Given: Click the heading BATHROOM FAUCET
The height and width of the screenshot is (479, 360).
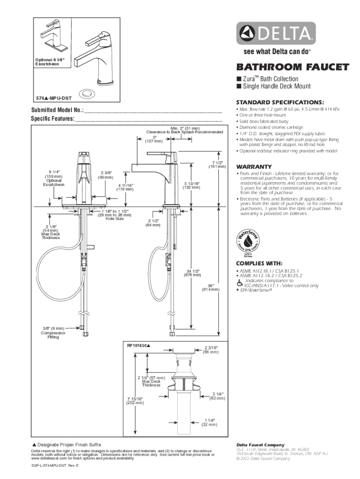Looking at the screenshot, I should click(292, 67).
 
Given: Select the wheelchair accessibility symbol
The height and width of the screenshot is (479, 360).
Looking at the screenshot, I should click(239, 283).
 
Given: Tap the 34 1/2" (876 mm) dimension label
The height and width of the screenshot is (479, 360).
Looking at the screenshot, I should click(192, 273).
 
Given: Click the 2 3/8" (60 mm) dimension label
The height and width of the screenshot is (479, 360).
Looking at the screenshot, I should click(106, 175).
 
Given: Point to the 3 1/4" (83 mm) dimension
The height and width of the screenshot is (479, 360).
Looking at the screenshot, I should click(217, 396).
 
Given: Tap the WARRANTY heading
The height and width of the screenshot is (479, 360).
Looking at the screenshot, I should click(254, 167).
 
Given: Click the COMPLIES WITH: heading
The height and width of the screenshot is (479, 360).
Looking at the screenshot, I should click(259, 263).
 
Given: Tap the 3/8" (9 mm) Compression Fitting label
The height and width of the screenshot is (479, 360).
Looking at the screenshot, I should click(53, 333).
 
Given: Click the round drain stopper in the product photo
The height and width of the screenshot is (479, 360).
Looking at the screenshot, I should click(86, 93).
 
